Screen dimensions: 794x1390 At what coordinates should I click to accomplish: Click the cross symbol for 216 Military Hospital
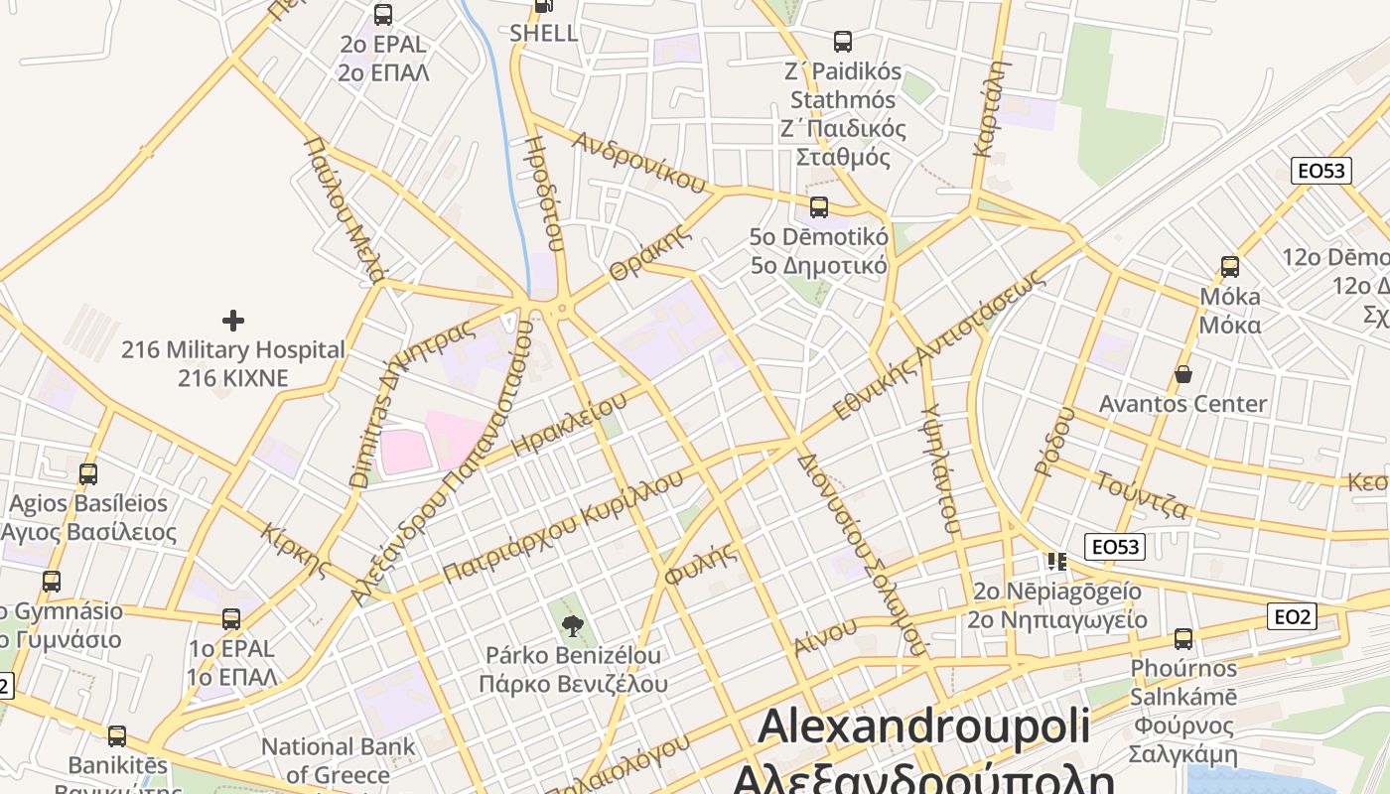pos(233,320)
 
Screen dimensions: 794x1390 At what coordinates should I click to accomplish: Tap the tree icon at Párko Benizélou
pos(572,625)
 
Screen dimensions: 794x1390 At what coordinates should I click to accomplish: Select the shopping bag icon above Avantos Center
pos(1182,374)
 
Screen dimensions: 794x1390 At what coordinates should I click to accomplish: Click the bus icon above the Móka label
pos(1230,266)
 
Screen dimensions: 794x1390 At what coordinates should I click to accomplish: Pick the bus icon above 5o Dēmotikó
pos(818,206)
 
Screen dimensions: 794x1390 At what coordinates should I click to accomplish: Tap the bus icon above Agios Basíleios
pos(88,473)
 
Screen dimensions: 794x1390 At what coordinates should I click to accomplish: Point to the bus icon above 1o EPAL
pos(231,618)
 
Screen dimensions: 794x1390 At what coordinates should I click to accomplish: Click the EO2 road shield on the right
pos(1293,617)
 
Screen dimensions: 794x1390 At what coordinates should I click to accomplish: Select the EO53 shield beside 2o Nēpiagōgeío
pos(1117,546)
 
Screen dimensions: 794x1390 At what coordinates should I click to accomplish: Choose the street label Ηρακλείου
pos(569,420)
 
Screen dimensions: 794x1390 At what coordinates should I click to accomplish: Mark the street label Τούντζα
pos(1142,493)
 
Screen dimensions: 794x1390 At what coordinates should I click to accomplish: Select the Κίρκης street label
pos(295,549)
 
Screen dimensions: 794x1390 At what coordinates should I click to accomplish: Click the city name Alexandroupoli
pos(924,727)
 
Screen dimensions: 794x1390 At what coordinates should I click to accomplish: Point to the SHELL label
pos(543,33)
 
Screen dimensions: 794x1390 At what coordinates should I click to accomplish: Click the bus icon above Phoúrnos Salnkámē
pos(1182,638)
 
